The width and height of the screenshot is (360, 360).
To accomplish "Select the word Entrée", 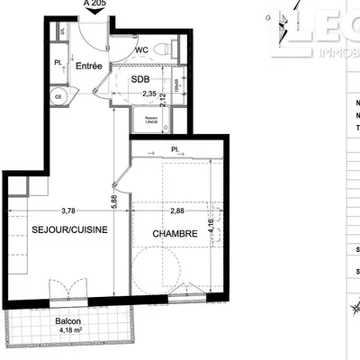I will (88, 66).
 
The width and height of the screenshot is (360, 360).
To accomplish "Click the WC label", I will (141, 50).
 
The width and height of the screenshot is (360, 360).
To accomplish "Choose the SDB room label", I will (140, 79).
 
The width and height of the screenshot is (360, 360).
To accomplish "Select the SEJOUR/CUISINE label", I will (70, 229).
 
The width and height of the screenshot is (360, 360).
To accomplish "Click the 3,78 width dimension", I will (68, 212).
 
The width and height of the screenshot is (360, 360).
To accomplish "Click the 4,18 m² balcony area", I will (68, 331).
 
